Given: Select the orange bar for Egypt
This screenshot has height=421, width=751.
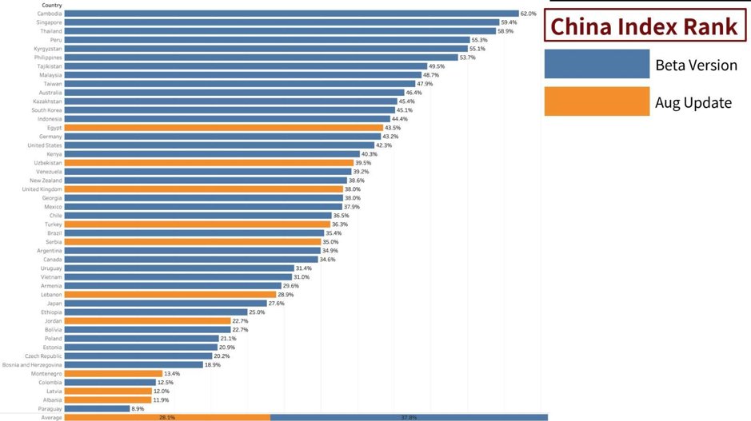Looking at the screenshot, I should pos(223,128).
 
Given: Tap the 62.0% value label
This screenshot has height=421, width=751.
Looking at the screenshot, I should pos(528,14).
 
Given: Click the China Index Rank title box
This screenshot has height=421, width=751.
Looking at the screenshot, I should pos(644,26).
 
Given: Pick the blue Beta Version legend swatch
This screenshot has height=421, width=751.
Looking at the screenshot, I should pos(597,64).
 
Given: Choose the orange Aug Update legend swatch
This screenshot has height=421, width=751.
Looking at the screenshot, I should pos(597,101).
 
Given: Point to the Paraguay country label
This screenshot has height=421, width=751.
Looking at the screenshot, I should pos(50,409).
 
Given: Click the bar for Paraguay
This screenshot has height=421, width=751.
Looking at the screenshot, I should pos(97,409).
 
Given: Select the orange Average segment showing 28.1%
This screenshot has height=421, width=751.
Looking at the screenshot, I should pos(167,417).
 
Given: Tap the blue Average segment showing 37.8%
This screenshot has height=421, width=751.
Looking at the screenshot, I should pos(409,417).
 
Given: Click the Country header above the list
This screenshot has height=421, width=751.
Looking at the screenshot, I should pos(52,5).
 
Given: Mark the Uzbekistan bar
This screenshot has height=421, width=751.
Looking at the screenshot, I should pos(208,163).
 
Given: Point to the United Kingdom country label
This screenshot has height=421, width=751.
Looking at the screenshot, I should pos(42,189).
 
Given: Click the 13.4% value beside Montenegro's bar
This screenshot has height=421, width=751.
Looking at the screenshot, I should pos(174,374).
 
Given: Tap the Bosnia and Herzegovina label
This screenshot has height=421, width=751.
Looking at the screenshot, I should pos(32,365).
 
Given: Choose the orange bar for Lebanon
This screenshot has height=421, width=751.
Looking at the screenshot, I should pos(170,295).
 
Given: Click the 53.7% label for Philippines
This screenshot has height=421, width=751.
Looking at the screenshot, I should pos(467,58).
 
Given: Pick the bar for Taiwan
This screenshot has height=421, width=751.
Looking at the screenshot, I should pos(239,84).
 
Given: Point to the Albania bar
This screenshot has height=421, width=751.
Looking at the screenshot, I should pos(107,400).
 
